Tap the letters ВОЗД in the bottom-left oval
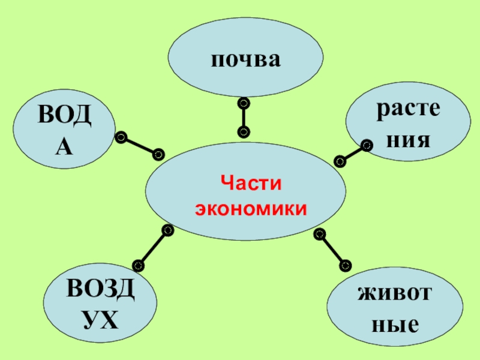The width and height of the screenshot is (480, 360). pyautogui.click(x=100, y=291)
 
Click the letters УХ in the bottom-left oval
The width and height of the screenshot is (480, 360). pyautogui.click(x=100, y=320)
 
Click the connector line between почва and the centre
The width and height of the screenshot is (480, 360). pyautogui.click(x=243, y=118)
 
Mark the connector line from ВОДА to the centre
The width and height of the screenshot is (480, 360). pyautogui.click(x=140, y=146)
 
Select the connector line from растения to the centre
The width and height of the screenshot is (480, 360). pyautogui.click(x=353, y=153)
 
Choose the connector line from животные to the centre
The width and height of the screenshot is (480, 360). pyautogui.click(x=332, y=248)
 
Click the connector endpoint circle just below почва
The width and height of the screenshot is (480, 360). pyautogui.click(x=243, y=104)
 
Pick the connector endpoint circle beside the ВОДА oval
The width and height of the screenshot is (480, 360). pyautogui.click(x=121, y=137)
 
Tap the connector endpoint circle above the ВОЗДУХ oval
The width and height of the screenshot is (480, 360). pyautogui.click(x=138, y=264)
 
